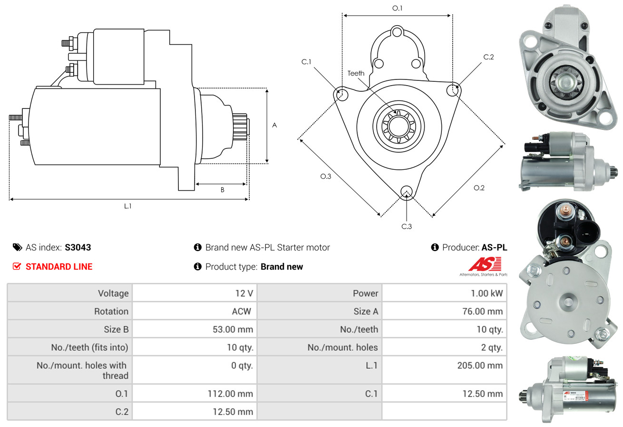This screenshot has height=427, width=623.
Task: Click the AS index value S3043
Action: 78,247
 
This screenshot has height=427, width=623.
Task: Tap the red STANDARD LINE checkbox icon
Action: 17,266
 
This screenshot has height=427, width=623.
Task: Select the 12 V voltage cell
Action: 243,293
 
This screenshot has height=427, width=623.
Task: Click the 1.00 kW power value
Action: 487,293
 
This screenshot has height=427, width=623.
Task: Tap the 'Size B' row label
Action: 116,329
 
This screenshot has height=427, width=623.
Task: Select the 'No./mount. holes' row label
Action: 342,348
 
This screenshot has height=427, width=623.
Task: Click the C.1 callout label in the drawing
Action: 306,62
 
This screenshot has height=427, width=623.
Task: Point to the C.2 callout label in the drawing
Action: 488,57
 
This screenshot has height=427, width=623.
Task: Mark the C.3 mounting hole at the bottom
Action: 406,192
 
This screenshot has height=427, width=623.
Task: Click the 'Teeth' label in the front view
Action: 356,73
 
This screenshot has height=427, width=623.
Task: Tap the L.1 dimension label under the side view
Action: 128,206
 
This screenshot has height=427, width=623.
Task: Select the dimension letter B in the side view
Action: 222,190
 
